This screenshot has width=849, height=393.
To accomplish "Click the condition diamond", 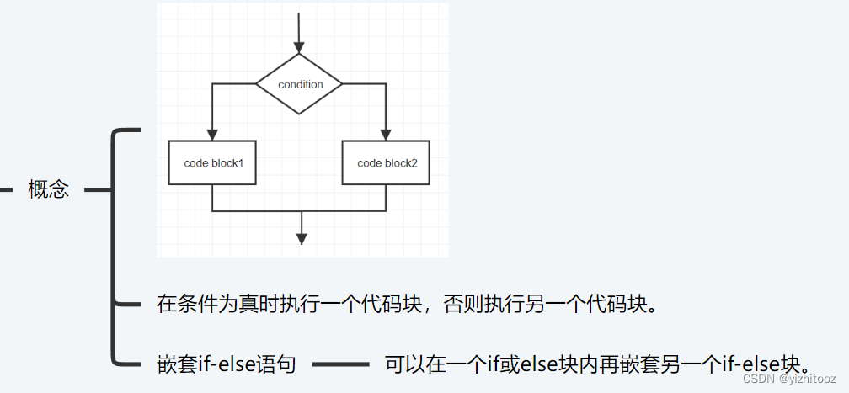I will click(299, 84).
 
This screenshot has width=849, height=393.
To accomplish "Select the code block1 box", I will click(213, 162).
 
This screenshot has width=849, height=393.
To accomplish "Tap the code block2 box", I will click(387, 162).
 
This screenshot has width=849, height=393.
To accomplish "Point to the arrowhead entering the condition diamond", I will click(299, 47).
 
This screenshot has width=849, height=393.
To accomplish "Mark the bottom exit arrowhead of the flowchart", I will click(301, 239).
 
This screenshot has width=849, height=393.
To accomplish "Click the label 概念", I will click(48, 189).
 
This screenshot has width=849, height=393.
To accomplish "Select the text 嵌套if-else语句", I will click(226, 365).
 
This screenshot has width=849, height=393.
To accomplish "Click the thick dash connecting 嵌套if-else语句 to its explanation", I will click(340, 365).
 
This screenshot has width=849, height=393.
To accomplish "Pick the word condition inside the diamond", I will click(300, 84).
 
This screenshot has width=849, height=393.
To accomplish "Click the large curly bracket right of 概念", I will click(114, 244).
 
